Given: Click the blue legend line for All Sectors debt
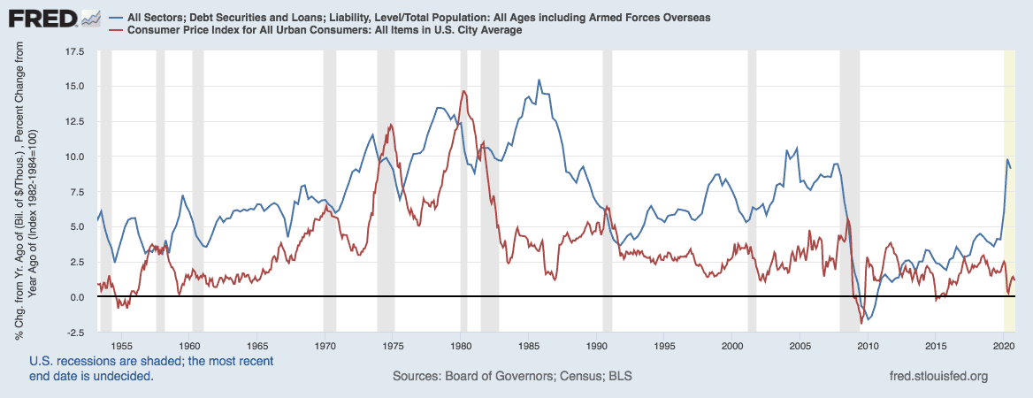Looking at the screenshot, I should tap(118, 18).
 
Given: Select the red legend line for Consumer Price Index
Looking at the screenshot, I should tap(118, 30).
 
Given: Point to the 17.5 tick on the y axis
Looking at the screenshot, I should tap(73, 52).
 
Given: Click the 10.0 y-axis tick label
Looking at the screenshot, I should tap(73, 157).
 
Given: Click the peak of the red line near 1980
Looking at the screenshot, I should tap(463, 91).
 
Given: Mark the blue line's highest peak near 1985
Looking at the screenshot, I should tap(539, 80).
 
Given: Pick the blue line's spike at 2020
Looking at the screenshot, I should tap(1007, 160).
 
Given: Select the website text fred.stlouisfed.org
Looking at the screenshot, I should tap(940, 377).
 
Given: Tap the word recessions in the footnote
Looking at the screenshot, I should tap(88, 361).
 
